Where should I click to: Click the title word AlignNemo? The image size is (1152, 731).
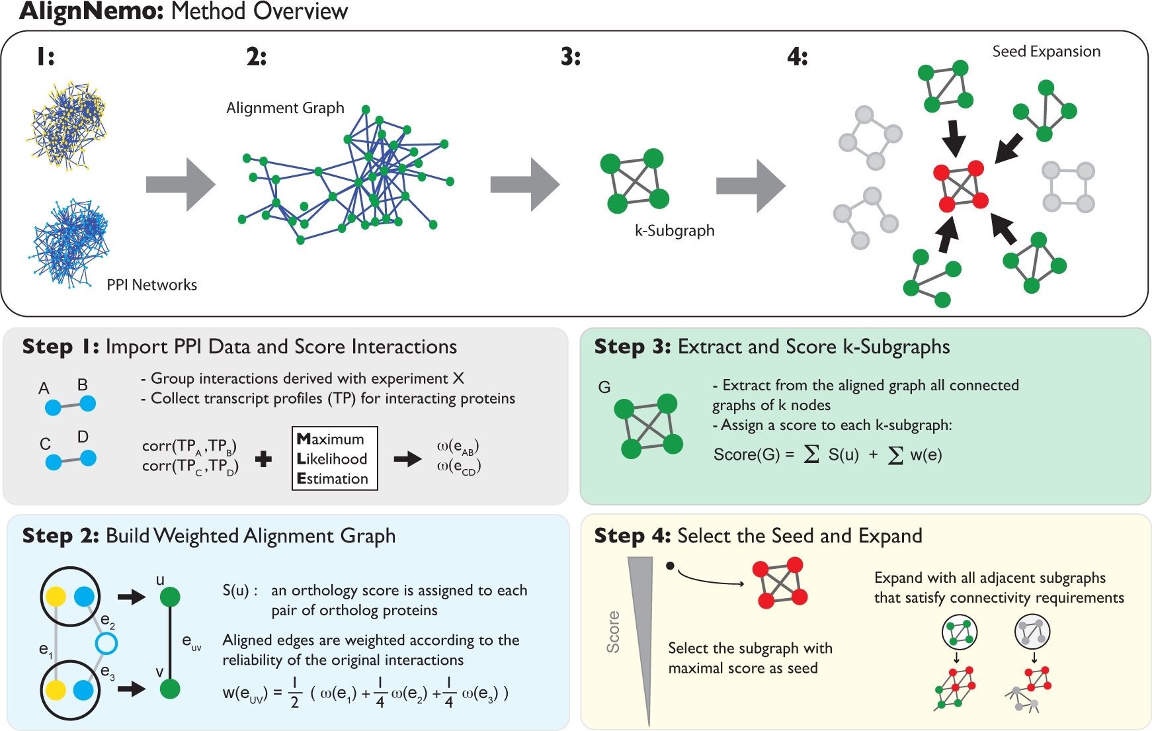pyautogui.click(x=91, y=12)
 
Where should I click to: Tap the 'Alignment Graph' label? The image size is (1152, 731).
pyautogui.click(x=285, y=108)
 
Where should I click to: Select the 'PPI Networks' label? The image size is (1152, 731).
pyautogui.click(x=151, y=284)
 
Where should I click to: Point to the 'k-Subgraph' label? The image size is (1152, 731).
pyautogui.click(x=675, y=231)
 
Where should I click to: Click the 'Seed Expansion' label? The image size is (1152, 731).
pyautogui.click(x=1046, y=52)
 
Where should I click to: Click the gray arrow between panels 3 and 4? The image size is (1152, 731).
pyautogui.click(x=750, y=185)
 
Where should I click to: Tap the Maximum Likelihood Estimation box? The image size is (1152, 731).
pyautogui.click(x=335, y=458)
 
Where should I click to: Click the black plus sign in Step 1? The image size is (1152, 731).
pyautogui.click(x=263, y=458)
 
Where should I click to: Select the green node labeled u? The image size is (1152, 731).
pyautogui.click(x=170, y=597)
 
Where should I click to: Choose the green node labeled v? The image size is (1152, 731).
pyautogui.click(x=170, y=689)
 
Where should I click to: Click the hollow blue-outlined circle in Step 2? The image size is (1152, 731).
pyautogui.click(x=106, y=643)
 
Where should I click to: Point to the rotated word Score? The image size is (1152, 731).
pyautogui.click(x=614, y=632)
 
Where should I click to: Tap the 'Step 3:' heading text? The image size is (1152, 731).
pyautogui.click(x=632, y=347)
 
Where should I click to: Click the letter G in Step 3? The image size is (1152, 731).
pyautogui.click(x=604, y=387)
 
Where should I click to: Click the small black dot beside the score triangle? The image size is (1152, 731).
pyautogui.click(x=670, y=566)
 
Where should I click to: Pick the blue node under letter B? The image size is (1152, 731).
pyautogui.click(x=87, y=403)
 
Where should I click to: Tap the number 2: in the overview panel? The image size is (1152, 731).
pyautogui.click(x=256, y=57)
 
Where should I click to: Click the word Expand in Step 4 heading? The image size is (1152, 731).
pyautogui.click(x=890, y=536)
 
